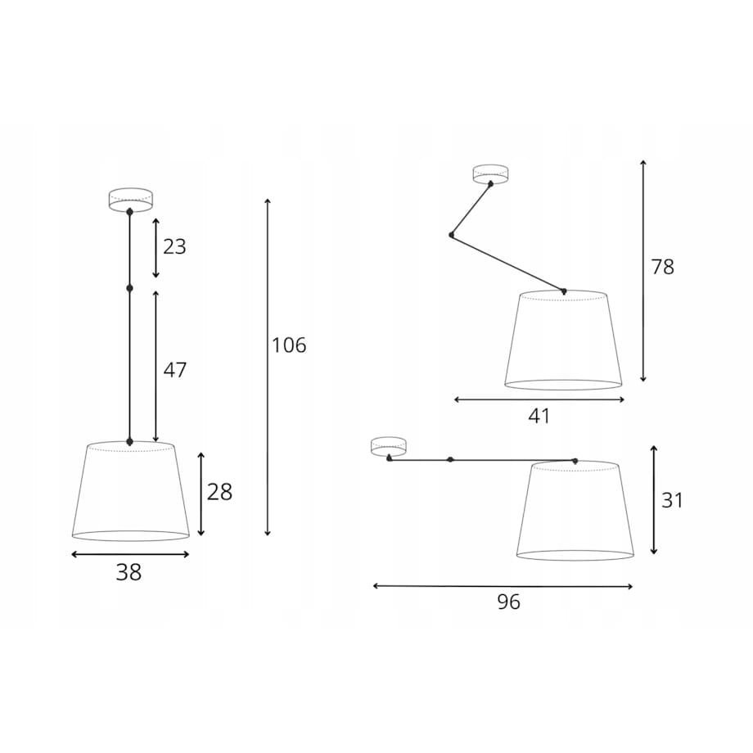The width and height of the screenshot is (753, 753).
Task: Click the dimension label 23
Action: click(174, 247)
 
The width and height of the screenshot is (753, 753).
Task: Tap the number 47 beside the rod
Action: click(175, 370)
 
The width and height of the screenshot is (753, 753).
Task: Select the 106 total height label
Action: click(289, 345)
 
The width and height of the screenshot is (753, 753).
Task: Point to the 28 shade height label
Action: click(219, 492)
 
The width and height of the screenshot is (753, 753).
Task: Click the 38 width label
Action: click(129, 572)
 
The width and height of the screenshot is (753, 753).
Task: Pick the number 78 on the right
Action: click(663, 267)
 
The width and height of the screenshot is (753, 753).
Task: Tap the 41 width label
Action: click(539, 416)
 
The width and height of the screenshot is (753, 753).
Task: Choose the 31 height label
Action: click(672, 500)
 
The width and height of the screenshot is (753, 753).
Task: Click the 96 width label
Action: click(508, 602)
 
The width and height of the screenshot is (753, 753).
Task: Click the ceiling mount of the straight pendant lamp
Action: click(131, 200)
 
